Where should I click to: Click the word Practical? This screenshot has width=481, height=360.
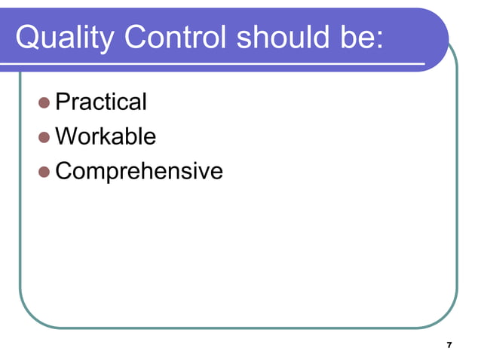(101, 102)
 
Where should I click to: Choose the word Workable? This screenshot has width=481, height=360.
(106, 136)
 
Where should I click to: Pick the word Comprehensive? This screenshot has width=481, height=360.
(139, 172)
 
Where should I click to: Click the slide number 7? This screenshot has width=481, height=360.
(449, 345)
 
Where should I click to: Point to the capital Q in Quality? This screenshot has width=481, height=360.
(27, 38)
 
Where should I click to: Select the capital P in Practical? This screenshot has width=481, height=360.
(63, 102)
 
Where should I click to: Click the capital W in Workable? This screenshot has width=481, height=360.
(66, 136)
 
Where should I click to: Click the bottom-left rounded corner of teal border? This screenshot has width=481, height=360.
(30, 318)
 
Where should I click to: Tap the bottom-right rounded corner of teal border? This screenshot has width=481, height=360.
(447, 318)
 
